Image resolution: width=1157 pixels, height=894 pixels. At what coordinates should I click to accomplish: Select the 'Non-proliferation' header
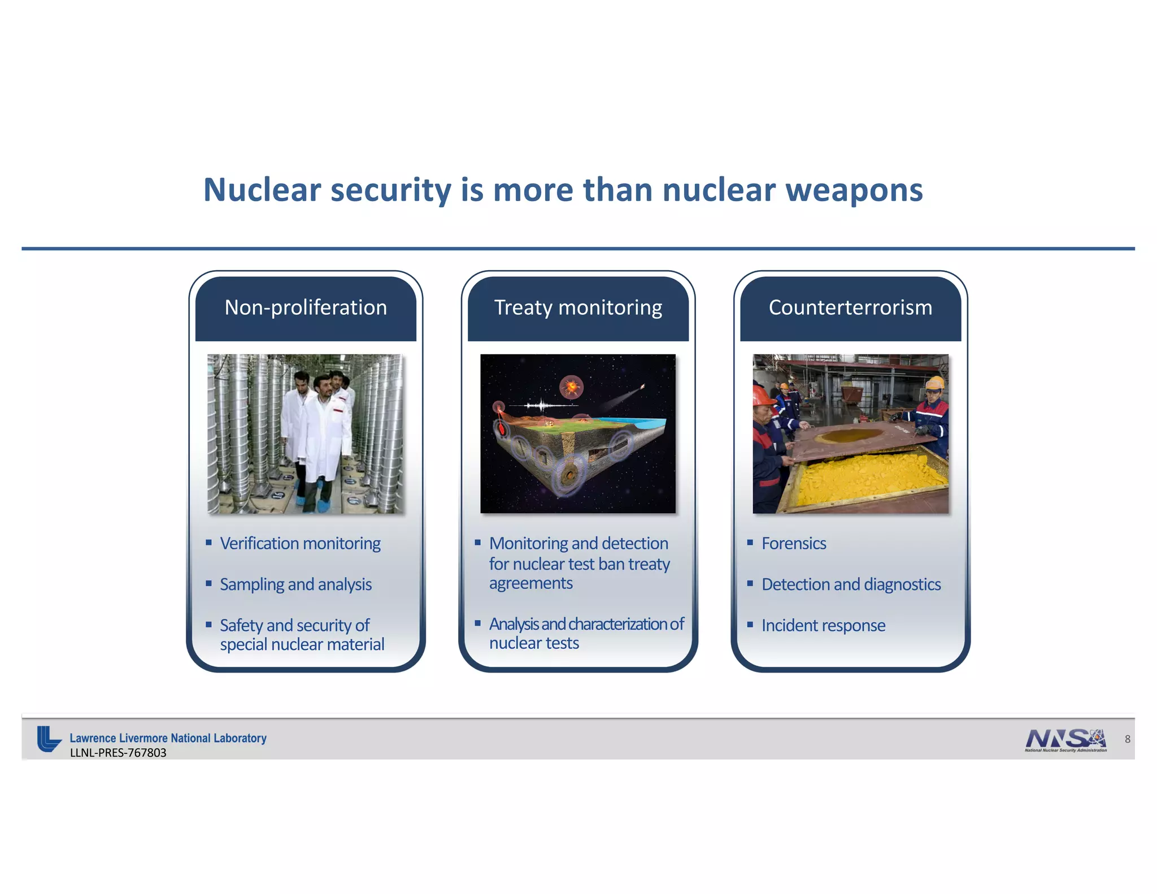pyautogui.click(x=306, y=307)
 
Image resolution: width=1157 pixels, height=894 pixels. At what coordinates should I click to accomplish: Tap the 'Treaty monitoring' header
pyautogui.click(x=578, y=307)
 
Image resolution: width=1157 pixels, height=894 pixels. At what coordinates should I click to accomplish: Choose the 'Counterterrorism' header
pyautogui.click(x=850, y=307)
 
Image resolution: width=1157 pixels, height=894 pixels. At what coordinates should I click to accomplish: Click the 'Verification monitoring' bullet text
pyautogui.click(x=300, y=544)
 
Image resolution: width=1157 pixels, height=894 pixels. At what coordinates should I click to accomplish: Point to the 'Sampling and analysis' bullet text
pyautogui.click(x=295, y=584)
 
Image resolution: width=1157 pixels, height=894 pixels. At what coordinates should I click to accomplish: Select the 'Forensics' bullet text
pyautogui.click(x=794, y=544)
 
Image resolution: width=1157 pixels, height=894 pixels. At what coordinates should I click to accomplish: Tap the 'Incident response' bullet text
pyautogui.click(x=823, y=626)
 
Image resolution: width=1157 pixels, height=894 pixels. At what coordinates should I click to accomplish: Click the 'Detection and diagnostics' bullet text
pyautogui.click(x=851, y=584)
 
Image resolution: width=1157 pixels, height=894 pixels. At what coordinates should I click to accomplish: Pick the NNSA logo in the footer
pyautogui.click(x=1065, y=740)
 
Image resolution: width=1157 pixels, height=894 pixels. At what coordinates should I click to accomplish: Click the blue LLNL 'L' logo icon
pyautogui.click(x=49, y=739)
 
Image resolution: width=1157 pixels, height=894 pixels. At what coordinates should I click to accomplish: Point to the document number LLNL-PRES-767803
pyautogui.click(x=118, y=753)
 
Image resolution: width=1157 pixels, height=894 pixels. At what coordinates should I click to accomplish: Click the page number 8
pyautogui.click(x=1128, y=739)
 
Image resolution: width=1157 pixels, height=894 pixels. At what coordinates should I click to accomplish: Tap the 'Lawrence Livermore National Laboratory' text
pyautogui.click(x=168, y=738)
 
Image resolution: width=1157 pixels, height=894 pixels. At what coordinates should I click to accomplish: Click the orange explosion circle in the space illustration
pyautogui.click(x=571, y=388)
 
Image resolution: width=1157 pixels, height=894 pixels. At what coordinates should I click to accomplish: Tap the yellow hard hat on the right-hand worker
pyautogui.click(x=935, y=383)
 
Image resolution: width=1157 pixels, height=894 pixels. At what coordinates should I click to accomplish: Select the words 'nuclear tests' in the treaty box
pyautogui.click(x=534, y=643)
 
